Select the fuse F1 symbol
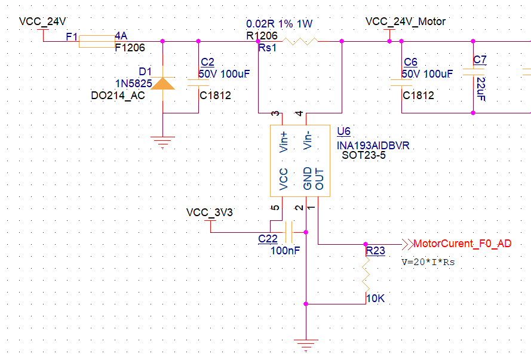(x=97, y=41)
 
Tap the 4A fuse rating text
(x=121, y=36)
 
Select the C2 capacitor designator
(x=207, y=62)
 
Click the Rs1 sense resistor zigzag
(x=300, y=41)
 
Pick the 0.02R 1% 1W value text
(x=279, y=24)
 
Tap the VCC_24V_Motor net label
(x=405, y=21)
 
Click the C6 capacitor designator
(x=410, y=62)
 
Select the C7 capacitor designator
(x=480, y=60)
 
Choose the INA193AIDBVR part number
(x=373, y=145)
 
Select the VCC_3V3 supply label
(x=209, y=213)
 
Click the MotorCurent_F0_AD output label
(x=462, y=244)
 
